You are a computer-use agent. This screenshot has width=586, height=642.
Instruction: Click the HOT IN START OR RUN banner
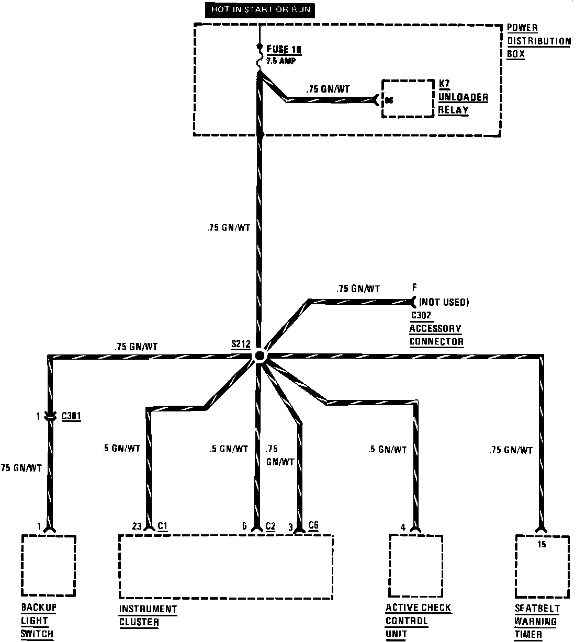260,10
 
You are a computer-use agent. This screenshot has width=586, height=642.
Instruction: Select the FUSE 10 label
284,50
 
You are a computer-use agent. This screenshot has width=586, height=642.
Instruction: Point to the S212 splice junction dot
259,356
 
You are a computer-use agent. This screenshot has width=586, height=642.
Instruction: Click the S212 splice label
241,344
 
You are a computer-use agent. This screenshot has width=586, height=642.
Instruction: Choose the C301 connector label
71,416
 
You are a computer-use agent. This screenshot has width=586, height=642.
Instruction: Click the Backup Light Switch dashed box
49,565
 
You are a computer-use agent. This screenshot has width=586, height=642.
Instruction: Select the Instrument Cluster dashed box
226,567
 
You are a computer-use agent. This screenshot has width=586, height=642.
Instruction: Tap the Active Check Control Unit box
416,565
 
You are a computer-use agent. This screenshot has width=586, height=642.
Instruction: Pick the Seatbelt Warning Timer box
542,566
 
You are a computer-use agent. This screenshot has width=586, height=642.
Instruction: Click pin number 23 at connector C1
137,526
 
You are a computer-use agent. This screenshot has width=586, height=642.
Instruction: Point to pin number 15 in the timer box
542,544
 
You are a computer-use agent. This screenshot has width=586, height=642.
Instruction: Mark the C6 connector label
313,525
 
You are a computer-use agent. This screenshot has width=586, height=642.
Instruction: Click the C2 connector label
271,526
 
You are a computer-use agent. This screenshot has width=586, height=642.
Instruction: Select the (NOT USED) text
444,302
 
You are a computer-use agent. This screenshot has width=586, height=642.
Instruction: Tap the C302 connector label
421,315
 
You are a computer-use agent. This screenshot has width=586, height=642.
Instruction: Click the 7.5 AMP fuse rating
281,61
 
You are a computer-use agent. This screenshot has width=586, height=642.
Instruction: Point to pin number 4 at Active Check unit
403,527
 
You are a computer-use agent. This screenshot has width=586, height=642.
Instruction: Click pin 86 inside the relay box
389,99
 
